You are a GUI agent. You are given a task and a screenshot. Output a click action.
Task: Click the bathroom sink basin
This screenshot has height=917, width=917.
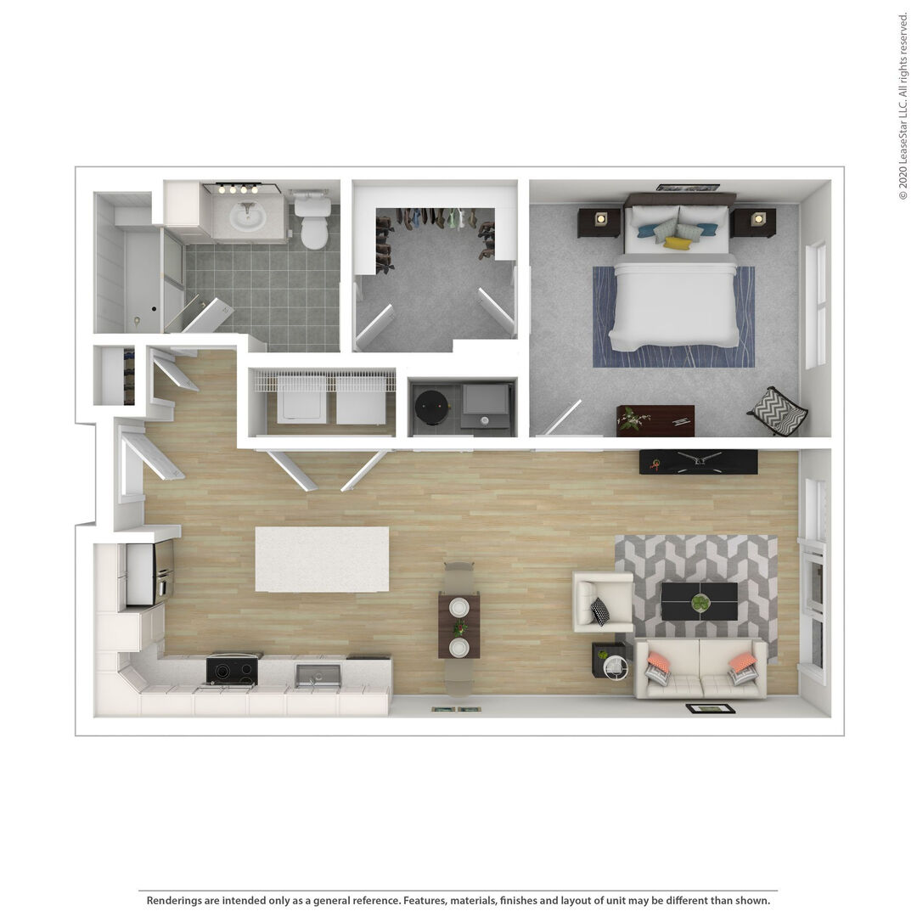247,217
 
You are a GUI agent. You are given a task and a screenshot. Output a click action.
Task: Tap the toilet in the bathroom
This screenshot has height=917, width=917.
312,222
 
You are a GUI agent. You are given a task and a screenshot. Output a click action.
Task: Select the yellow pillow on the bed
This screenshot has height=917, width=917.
677,243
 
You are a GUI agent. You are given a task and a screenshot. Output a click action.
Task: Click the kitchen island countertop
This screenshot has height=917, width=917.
323,559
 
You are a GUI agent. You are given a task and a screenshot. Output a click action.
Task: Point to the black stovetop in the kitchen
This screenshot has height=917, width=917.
232,670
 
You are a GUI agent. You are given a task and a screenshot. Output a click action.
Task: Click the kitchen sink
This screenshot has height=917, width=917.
318,676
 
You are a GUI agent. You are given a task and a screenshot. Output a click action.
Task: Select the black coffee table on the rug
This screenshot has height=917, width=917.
700,601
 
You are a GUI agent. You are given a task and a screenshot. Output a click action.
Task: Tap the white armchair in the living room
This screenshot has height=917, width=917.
602,602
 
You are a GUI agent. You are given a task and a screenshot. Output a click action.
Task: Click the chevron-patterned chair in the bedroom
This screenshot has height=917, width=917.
777,411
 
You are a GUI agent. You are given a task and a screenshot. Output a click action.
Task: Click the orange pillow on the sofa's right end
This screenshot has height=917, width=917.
743,662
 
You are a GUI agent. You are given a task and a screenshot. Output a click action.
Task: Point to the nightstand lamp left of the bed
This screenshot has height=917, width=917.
600,219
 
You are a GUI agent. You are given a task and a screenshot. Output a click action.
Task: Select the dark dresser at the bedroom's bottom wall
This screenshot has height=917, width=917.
655,421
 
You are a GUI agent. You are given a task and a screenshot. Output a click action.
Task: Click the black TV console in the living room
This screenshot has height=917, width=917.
698,462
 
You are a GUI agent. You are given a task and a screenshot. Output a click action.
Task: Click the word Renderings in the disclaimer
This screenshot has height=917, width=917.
174,900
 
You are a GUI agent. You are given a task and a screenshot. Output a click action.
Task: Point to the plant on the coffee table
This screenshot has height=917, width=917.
700,602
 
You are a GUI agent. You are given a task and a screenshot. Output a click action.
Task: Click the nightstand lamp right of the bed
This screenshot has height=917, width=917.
758,219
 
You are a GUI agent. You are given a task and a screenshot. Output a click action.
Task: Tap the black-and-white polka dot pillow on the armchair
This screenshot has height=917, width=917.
600,611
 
